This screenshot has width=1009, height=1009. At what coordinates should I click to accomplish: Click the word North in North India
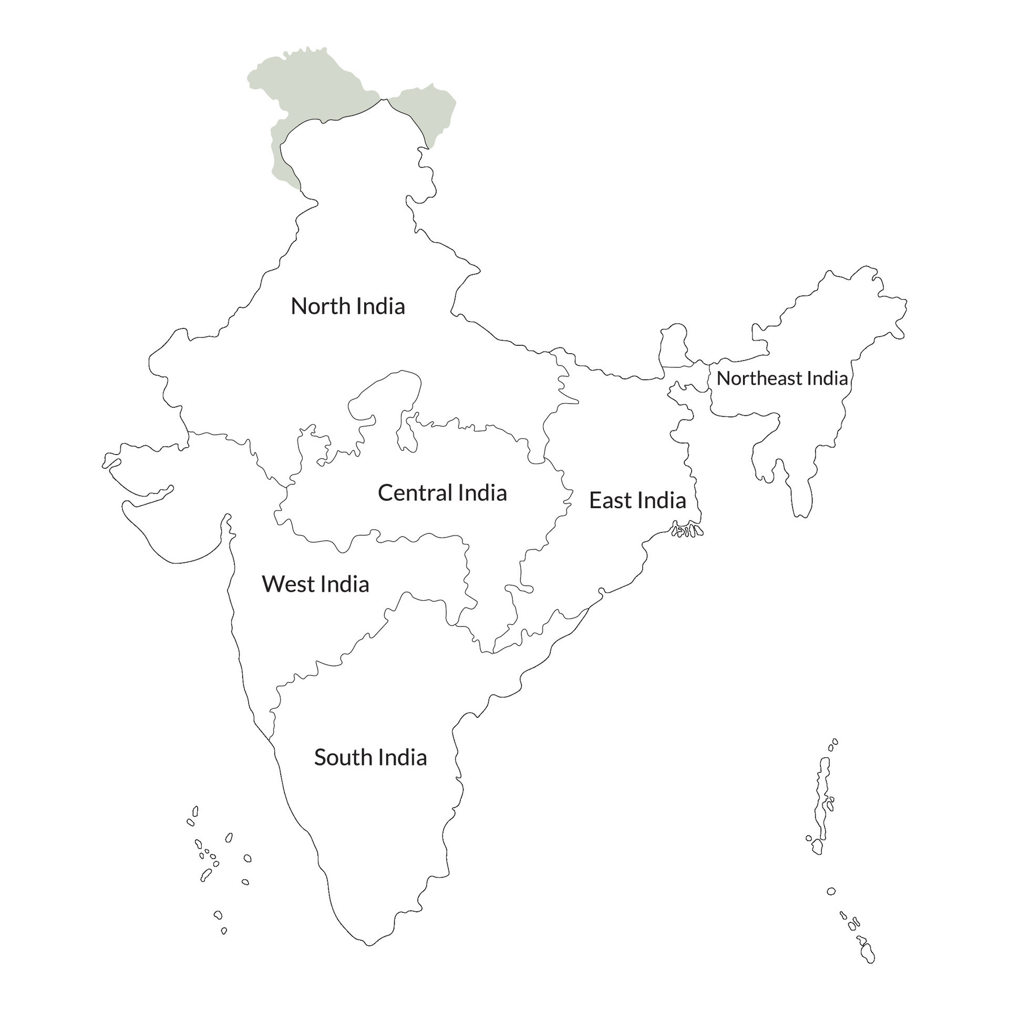[x=320, y=306]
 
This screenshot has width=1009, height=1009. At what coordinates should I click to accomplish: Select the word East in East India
[x=610, y=500]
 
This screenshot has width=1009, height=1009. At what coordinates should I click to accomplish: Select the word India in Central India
[x=482, y=493]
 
